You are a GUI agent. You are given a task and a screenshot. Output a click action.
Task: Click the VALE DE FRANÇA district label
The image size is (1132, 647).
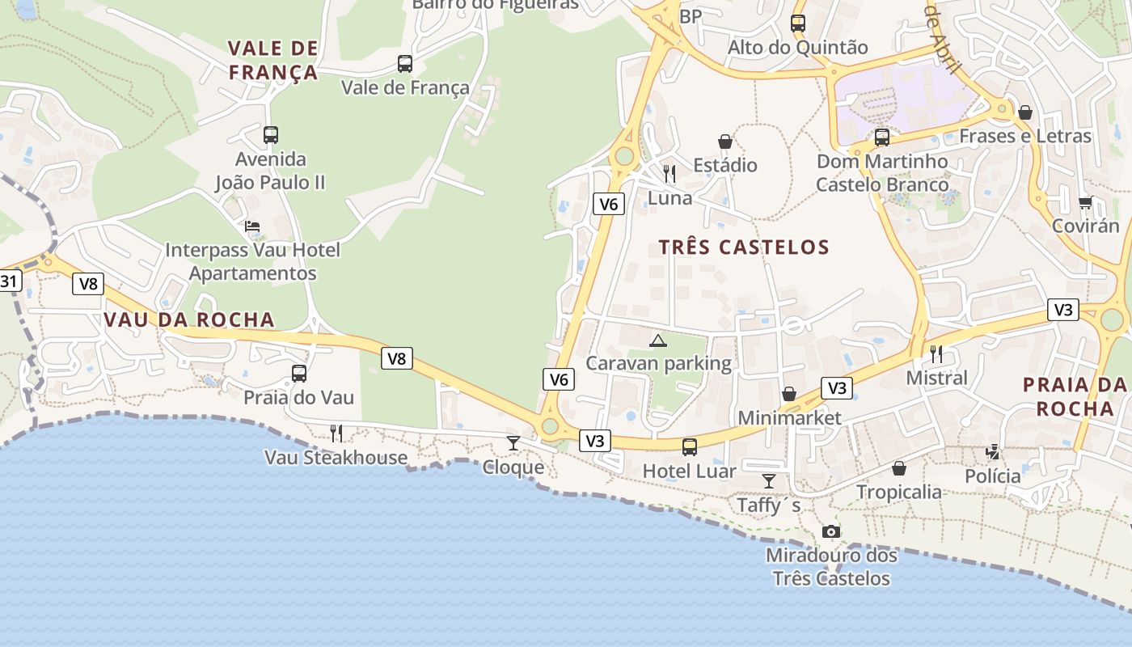(272, 61)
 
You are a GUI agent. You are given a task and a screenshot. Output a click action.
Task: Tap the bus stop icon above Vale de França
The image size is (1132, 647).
(405, 64)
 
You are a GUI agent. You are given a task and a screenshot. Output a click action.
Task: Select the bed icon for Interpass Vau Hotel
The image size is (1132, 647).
(252, 226)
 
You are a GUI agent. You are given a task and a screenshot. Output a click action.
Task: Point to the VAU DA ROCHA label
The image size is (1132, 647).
(189, 319)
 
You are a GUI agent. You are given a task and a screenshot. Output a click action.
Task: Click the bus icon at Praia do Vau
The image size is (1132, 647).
(299, 374)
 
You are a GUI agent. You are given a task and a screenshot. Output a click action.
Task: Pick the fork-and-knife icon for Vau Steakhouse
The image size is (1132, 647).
(336, 433)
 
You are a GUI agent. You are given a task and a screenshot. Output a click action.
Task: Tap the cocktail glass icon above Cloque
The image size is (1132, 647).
(513, 443)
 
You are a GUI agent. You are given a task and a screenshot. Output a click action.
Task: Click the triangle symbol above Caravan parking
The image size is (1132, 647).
(658, 340)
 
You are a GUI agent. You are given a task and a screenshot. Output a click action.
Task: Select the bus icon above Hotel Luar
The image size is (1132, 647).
(690, 447)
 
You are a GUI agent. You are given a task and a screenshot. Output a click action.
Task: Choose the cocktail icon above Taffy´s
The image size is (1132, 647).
(769, 482)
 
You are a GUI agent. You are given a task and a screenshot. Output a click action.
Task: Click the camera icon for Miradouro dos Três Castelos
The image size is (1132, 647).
(831, 531)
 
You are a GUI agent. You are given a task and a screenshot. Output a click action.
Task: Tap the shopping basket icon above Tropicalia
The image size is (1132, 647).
(899, 468)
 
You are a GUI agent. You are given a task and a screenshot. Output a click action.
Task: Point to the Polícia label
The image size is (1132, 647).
(993, 476)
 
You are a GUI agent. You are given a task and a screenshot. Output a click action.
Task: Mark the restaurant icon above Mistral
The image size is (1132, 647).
(936, 354)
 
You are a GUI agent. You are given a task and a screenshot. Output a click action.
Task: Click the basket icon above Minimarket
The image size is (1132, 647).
(789, 395)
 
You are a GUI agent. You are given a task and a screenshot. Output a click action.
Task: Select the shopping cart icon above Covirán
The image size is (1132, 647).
(1085, 202)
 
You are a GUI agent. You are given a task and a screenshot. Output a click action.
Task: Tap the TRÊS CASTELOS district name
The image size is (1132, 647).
(744, 247)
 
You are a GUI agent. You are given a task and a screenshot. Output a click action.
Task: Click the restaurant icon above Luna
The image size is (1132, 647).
(669, 174)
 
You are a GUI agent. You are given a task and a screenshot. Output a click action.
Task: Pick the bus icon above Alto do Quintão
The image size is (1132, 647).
(798, 23)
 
